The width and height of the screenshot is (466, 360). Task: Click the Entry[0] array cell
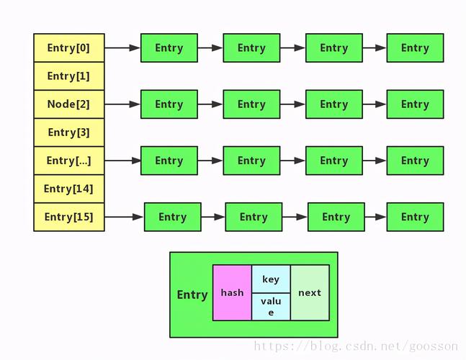click(68, 48)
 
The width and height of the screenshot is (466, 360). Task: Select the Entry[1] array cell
click(68, 76)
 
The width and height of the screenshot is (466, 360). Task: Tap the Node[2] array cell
click(68, 104)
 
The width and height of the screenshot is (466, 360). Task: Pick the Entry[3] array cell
click(68, 132)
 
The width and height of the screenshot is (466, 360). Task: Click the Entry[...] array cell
click(68, 161)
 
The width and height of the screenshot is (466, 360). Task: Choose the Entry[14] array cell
click(68, 189)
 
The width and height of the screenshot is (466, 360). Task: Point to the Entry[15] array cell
click(68, 217)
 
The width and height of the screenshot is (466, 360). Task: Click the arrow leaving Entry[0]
click(122, 48)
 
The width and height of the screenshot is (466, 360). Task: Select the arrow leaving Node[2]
click(122, 104)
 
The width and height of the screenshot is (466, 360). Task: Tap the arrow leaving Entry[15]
click(124, 217)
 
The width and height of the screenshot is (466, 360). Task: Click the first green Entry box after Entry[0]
click(169, 48)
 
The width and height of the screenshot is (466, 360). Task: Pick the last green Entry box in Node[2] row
click(415, 104)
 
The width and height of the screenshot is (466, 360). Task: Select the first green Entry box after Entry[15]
click(172, 217)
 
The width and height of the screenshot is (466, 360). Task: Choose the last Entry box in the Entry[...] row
click(415, 161)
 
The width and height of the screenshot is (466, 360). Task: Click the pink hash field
click(232, 293)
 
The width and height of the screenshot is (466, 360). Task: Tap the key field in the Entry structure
click(271, 279)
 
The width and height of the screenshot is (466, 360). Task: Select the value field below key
click(271, 307)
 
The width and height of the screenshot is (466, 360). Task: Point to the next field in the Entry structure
click(310, 293)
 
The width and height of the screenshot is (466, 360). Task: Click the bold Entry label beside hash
click(192, 294)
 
